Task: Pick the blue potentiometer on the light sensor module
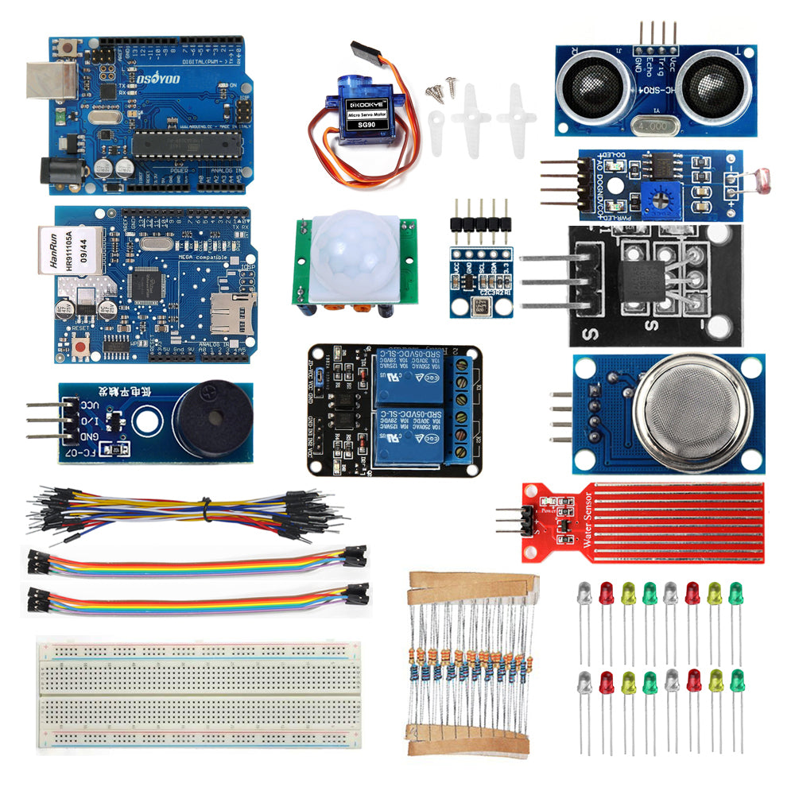[x=661, y=196]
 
